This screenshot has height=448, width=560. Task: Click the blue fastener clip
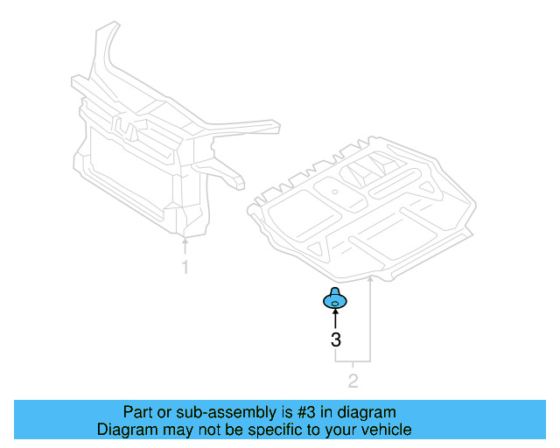[335, 301]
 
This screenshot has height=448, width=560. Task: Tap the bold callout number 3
[335, 340]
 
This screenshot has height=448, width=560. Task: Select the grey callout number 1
[185, 268]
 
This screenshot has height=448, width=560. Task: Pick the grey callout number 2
[353, 381]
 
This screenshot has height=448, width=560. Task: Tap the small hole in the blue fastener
[335, 304]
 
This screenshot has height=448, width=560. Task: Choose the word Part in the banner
[136, 412]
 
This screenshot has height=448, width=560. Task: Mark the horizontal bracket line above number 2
[353, 360]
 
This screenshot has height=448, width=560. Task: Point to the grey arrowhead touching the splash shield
[371, 279]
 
